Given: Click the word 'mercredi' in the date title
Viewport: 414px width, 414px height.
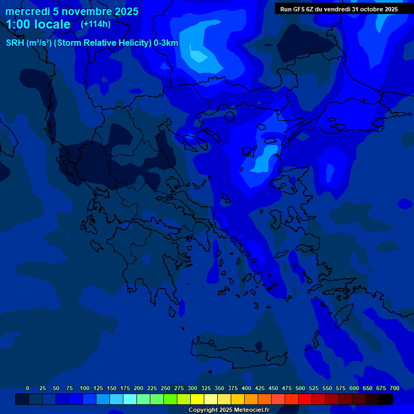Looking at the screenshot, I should click(x=27, y=11).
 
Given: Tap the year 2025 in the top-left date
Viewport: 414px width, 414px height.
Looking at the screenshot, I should click(x=126, y=11).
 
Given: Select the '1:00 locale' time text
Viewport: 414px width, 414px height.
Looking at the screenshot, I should click(x=38, y=24).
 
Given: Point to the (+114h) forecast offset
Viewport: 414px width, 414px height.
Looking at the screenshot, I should click(x=95, y=24).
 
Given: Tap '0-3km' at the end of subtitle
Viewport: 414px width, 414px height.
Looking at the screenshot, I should click(x=166, y=43).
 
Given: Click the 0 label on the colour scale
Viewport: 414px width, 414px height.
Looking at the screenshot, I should click(x=27, y=388).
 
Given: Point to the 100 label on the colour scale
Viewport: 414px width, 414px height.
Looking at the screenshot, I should click(x=84, y=388).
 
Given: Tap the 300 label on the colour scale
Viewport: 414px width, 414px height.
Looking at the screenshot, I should click(x=192, y=388).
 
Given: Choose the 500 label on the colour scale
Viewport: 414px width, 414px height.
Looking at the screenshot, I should click(x=300, y=388).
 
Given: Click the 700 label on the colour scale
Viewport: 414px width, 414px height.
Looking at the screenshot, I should click(x=395, y=388).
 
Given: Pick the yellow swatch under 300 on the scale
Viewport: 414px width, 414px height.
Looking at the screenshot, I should click(x=197, y=399).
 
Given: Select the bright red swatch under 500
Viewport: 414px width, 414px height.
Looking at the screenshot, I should click(x=305, y=399).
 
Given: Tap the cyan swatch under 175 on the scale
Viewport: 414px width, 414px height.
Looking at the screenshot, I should click(x=130, y=399).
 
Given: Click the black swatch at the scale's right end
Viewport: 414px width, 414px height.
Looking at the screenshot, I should click(x=386, y=399).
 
